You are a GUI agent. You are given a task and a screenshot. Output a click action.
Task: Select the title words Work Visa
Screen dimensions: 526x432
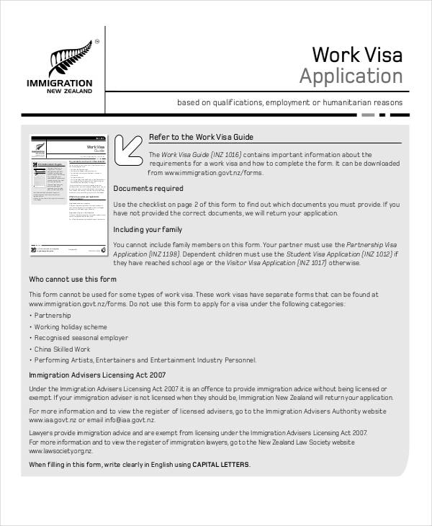pyautogui.click(x=357, y=55)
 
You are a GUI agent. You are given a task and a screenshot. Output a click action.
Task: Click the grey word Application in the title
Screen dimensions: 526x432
pyautogui.click(x=351, y=76)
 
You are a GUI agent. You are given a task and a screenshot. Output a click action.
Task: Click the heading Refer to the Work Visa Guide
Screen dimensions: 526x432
pyautogui.click(x=201, y=137)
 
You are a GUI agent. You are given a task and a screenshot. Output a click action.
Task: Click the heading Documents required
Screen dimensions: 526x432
pyautogui.click(x=148, y=189)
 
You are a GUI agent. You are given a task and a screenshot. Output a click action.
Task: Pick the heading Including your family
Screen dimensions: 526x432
pyautogui.click(x=148, y=230)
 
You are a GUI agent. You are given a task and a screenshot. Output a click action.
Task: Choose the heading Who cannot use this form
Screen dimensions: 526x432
pyautogui.click(x=72, y=279)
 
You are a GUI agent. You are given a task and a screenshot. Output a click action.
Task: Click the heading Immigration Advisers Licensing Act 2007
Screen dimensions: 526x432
pyautogui.click(x=97, y=375)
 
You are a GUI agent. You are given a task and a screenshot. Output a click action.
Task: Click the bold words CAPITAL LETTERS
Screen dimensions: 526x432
pyautogui.click(x=220, y=465)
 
